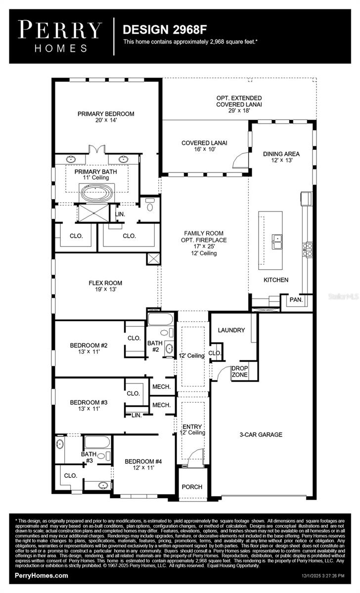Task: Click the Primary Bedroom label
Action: pos(106,117)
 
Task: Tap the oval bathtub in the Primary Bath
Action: pos(97,192)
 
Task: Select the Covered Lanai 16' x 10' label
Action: pos(204,146)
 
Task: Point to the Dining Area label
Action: pos(281,157)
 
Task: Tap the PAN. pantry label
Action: pos(296,300)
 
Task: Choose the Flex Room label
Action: pos(105,287)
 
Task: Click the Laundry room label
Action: pos(232,330)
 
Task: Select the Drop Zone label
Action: pos(240,372)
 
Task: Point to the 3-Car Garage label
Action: pos(261,435)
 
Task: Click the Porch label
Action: pos(192,487)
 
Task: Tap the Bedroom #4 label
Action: pos(143,465)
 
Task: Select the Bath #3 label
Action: pos(89,457)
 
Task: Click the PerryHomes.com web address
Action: pos(42,576)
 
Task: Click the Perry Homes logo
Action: pos(60,36)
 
